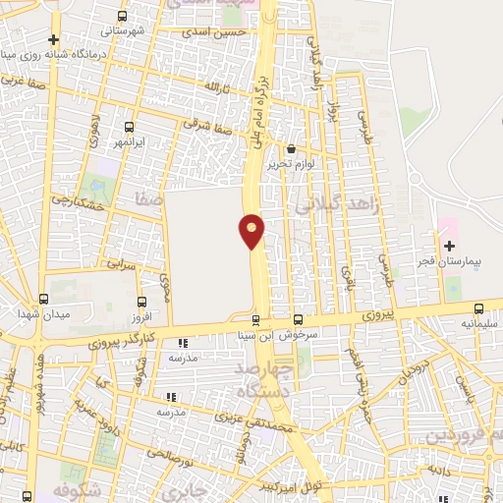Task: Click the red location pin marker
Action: click(251, 230)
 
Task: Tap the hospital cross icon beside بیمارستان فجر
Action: click(450, 245)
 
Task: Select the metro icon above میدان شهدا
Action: click(43, 299)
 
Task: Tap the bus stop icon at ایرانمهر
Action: click(129, 127)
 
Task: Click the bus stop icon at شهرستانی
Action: click(122, 17)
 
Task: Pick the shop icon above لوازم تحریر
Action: click(291, 149)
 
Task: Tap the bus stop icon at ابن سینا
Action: click(256, 319)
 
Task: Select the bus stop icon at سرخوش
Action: click(299, 319)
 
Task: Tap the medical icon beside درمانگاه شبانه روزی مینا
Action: click(54, 39)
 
